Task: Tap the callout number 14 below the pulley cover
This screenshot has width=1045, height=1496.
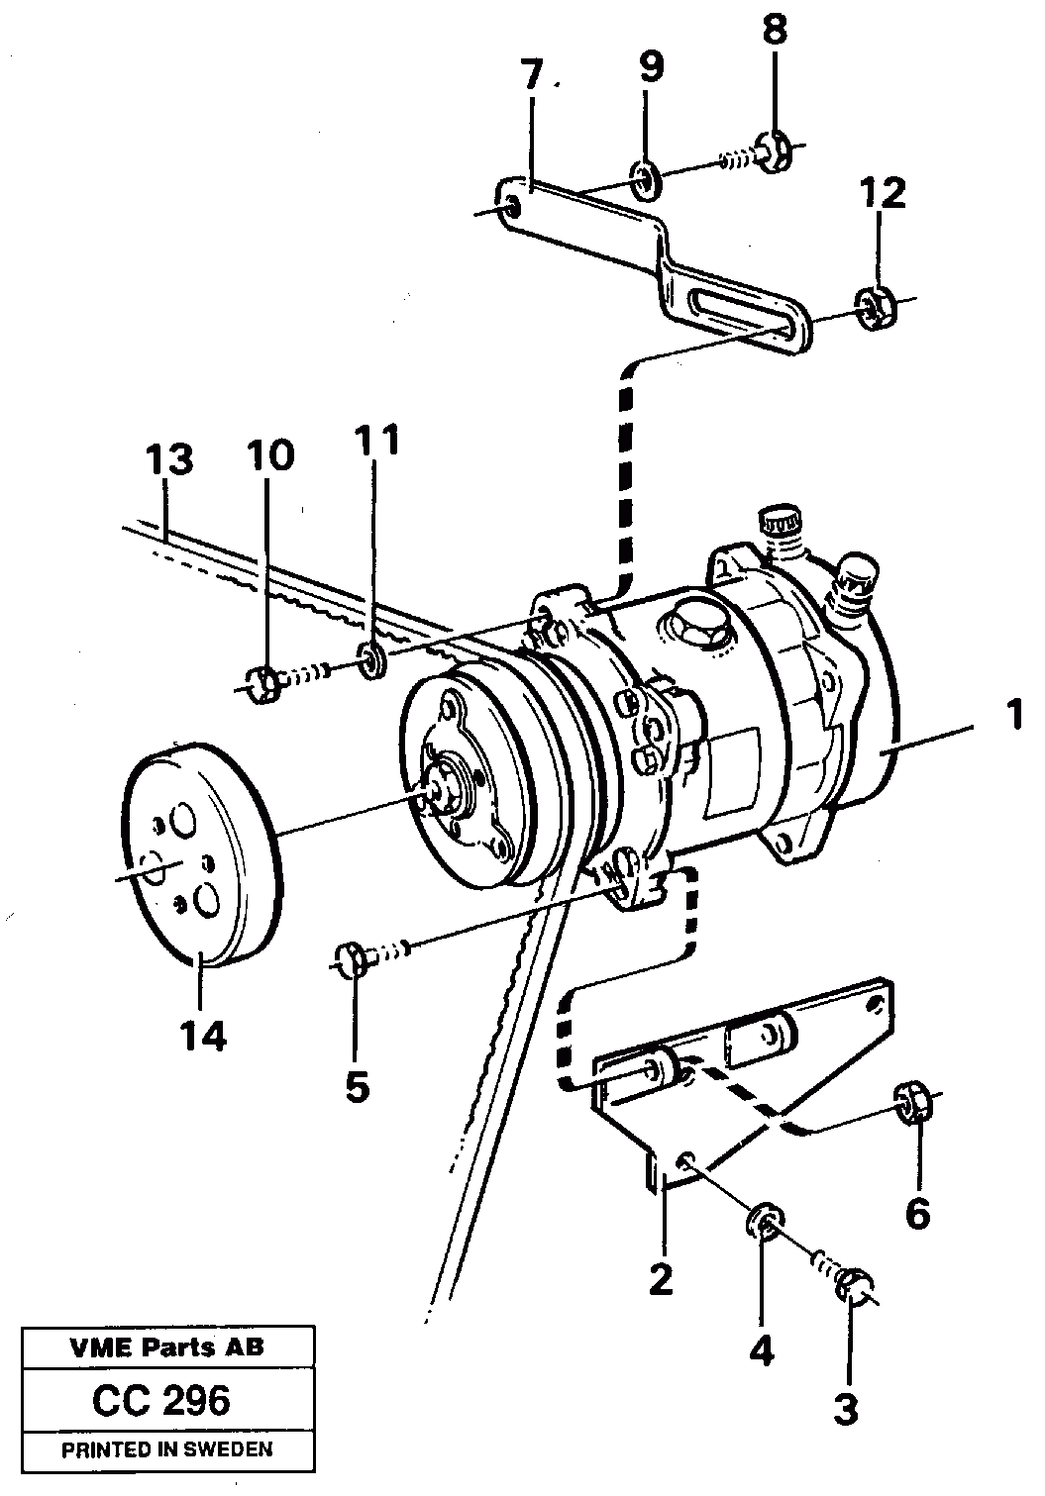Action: (203, 1036)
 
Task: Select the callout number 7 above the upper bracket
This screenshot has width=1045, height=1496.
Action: (532, 76)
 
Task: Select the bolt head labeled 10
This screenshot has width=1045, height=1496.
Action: (260, 683)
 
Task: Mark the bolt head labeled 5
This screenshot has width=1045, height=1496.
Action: (350, 958)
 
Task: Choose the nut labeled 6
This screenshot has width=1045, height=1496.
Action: (912, 1101)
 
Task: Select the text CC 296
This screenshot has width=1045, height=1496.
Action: (160, 1400)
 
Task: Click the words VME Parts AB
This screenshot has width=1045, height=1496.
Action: (166, 1347)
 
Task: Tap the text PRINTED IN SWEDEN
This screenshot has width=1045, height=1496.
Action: (166, 1449)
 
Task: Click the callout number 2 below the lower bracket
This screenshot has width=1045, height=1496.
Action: (660, 1279)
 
